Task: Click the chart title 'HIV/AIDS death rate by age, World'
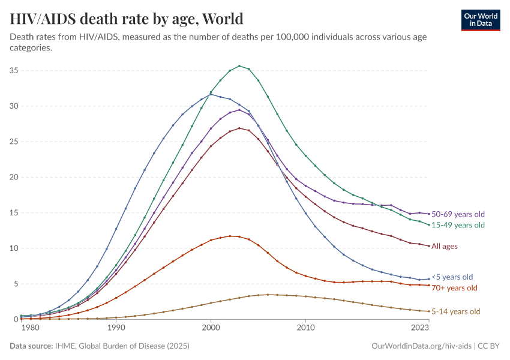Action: click(127, 19)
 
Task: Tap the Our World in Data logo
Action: click(480, 20)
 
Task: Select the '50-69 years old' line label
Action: click(458, 214)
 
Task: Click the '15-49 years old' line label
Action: click(458, 225)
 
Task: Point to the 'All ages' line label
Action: click(445, 246)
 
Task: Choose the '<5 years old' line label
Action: click(452, 277)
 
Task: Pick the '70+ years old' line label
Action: click(454, 288)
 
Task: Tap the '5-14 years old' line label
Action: click(456, 311)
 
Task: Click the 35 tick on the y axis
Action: click(13, 71)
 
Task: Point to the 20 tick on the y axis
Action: click(13, 177)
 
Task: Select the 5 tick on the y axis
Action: click(16, 284)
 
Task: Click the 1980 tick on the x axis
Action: click(30, 328)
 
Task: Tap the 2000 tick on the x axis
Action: click(211, 328)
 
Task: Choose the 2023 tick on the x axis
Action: click(420, 328)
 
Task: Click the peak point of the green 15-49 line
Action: click(239, 66)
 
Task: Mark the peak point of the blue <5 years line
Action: click(211, 94)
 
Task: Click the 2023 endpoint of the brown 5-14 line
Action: click(429, 311)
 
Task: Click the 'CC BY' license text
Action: click(489, 346)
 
